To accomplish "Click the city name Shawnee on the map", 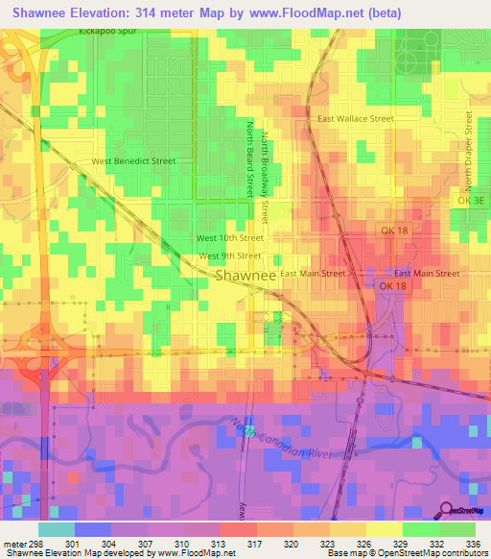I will coord(245,275).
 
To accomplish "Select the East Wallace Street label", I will coord(355,118).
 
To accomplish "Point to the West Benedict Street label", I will coord(133,161).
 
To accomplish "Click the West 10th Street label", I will coord(229,237).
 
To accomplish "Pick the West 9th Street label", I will coord(229,256).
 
